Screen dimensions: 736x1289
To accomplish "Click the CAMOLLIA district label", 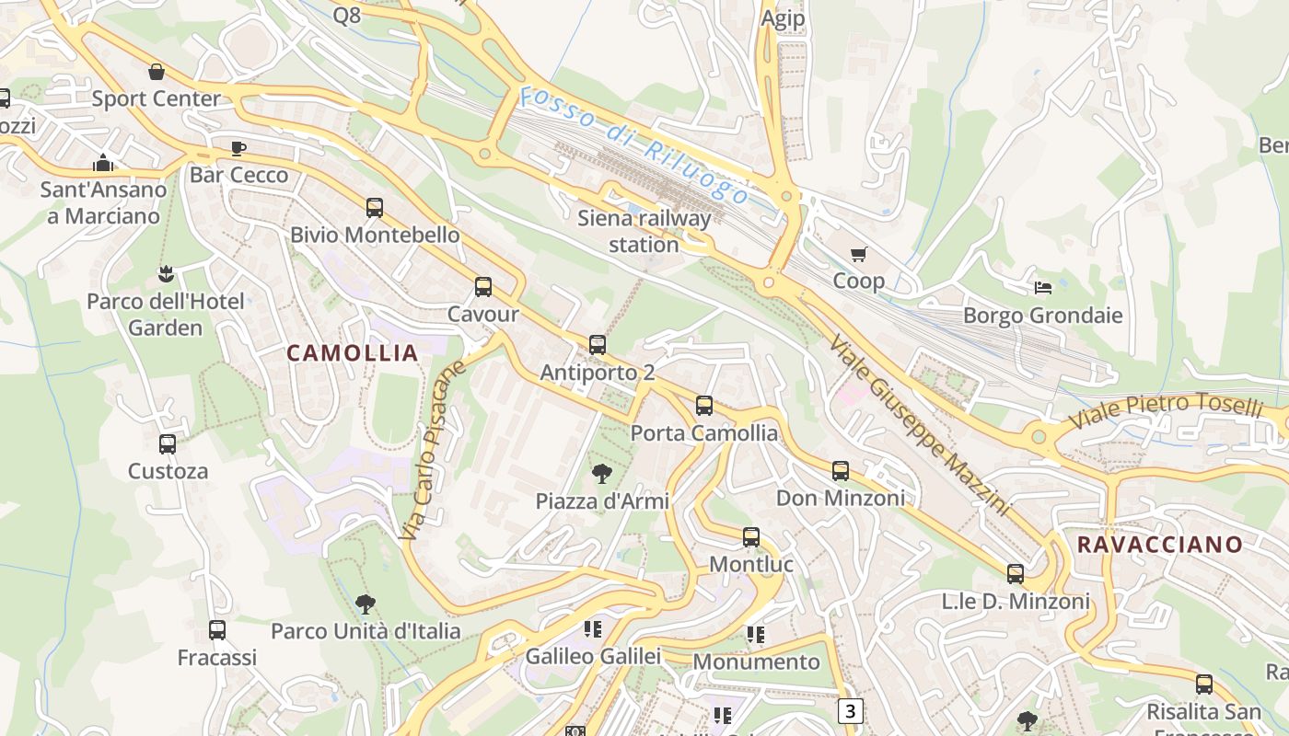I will [353, 352].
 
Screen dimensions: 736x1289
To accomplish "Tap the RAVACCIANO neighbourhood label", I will [1160, 544].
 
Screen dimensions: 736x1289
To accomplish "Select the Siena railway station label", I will [644, 231].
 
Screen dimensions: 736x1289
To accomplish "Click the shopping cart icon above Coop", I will [858, 254].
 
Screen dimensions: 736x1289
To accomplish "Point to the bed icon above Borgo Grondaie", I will [1043, 288].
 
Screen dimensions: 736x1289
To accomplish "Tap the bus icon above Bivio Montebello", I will [374, 208].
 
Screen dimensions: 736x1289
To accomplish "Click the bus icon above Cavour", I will [483, 287].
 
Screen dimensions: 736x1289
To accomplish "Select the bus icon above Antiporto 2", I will [598, 345].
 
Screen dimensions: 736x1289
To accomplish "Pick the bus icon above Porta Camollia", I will [704, 405].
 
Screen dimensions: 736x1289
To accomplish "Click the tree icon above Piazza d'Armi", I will [602, 474].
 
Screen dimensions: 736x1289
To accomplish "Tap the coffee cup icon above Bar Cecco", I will [238, 148].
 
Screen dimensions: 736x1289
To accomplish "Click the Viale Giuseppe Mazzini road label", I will [919, 424].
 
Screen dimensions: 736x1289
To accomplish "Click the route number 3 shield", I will [851, 711].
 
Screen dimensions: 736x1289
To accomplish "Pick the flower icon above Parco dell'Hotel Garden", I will [166, 273].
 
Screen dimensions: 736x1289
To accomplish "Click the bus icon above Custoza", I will [168, 444].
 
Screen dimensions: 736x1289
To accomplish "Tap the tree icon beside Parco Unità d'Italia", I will [366, 604].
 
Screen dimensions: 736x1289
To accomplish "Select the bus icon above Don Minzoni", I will [841, 471].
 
